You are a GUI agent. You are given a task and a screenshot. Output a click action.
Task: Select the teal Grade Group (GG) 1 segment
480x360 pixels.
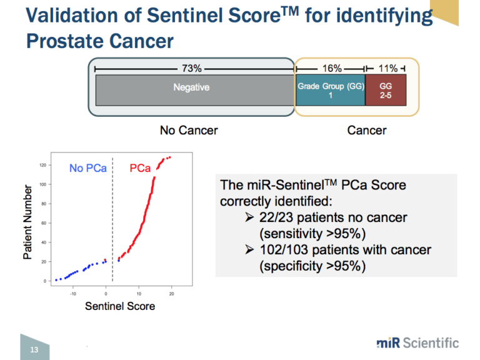(330, 91)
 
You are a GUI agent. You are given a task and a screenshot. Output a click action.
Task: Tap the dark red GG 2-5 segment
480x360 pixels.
(386, 91)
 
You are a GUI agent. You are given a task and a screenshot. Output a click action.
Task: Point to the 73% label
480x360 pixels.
(191, 68)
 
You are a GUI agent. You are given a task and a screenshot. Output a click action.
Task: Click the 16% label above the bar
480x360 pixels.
(331, 68)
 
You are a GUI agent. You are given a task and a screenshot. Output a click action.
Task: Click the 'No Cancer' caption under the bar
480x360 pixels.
(189, 131)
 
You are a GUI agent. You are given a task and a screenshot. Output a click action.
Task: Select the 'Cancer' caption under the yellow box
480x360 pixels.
(366, 131)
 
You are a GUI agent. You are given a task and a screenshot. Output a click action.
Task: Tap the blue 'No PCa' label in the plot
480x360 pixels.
(87, 169)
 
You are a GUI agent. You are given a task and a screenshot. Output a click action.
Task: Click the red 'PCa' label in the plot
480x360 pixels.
(139, 169)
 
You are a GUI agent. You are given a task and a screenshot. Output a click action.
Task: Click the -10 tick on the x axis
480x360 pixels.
(73, 292)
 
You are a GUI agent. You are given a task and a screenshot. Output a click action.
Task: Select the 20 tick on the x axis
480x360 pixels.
(171, 292)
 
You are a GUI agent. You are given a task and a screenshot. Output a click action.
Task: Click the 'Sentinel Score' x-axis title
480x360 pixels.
(120, 306)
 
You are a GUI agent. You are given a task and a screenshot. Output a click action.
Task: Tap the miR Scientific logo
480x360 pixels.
(417, 342)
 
